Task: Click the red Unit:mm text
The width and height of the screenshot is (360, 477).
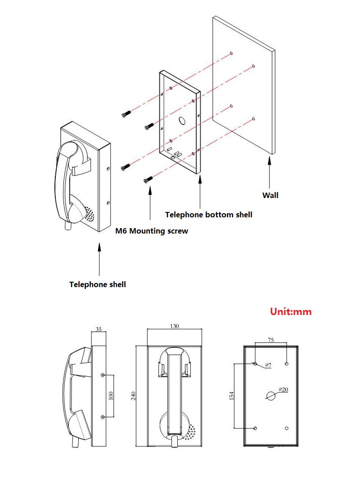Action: [x=291, y=311]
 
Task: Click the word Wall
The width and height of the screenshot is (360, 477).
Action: [x=270, y=195]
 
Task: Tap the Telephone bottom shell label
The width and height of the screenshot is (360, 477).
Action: [x=209, y=215]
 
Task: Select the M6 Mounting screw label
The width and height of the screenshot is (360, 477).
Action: [x=152, y=231]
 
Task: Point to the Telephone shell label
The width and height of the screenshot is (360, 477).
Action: [x=98, y=284]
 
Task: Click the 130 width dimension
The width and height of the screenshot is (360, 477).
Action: [x=175, y=326]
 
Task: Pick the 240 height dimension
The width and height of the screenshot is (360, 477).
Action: [x=133, y=396]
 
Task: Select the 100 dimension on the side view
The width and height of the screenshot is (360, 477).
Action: [x=111, y=396]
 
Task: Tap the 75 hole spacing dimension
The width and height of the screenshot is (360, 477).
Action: [x=270, y=341]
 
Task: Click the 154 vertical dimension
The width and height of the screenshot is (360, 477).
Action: [x=231, y=396]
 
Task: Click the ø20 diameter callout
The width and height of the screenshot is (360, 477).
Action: [x=283, y=389]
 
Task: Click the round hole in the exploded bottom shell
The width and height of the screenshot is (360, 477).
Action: [x=183, y=121]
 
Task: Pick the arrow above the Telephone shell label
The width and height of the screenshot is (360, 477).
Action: [x=99, y=259]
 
